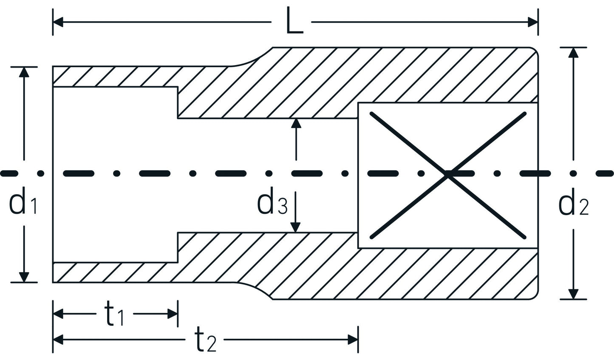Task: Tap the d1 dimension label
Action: click(x=23, y=204)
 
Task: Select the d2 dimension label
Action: click(x=574, y=205)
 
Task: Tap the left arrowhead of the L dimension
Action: click(x=58, y=21)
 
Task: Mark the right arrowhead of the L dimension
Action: click(x=533, y=21)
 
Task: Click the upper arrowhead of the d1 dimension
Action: click(x=25, y=71)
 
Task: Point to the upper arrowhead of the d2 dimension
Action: click(x=574, y=52)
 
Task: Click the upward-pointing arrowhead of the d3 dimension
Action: click(x=296, y=123)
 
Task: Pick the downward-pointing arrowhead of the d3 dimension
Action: click(x=296, y=228)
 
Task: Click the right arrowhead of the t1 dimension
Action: click(x=173, y=314)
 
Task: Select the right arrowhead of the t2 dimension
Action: click(x=353, y=339)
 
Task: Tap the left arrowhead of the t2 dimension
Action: click(x=58, y=339)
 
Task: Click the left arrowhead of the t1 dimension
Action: click(x=58, y=314)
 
